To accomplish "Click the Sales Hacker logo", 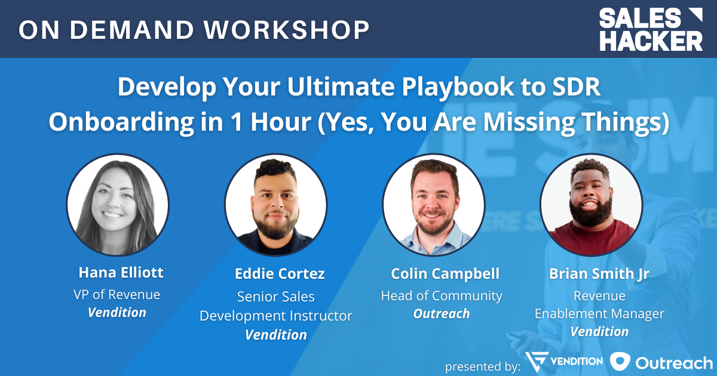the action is [x=651, y=29].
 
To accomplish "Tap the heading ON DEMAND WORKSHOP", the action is [x=194, y=30].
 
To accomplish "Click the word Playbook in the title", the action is [x=458, y=87].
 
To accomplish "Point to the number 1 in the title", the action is [x=236, y=122].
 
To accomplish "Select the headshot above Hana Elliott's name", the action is [x=118, y=205].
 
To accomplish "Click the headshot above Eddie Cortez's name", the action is [x=275, y=205].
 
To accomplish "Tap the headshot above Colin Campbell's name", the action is [x=434, y=205].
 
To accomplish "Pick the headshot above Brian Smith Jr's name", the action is [x=592, y=205].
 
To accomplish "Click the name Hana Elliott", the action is [x=121, y=273].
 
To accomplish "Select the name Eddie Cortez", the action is [x=280, y=274].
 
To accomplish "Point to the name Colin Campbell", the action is [x=445, y=274].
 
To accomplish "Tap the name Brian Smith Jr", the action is [x=599, y=274].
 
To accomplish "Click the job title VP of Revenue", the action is [x=117, y=294].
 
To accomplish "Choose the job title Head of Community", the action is [x=442, y=296].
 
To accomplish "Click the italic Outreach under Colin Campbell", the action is [x=442, y=314].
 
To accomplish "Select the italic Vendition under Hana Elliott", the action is [x=117, y=312].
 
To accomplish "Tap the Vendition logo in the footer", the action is [x=564, y=362].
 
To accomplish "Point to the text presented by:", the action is [x=483, y=366].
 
